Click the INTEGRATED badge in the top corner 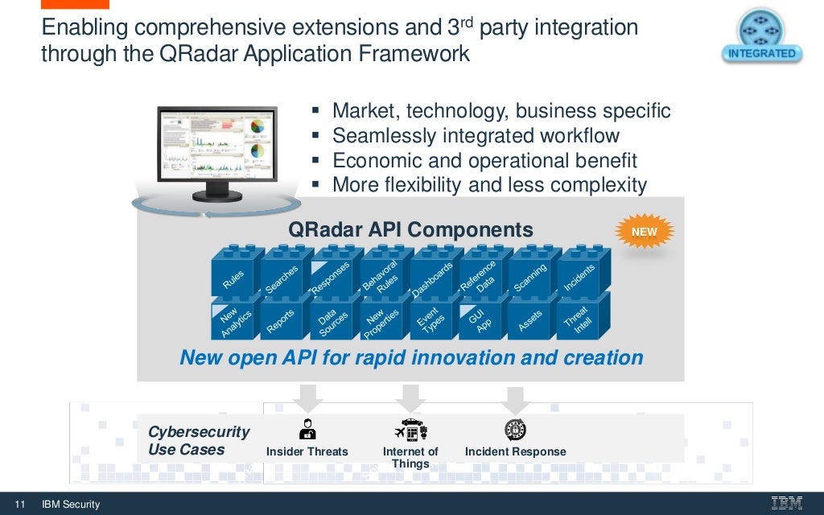(761, 38)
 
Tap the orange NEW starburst (644, 232)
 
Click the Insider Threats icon (307, 429)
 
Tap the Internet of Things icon (410, 429)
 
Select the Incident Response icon (515, 429)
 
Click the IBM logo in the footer (786, 504)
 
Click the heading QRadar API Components (410, 230)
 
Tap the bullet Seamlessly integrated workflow (476, 136)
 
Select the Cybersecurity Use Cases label (199, 441)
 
